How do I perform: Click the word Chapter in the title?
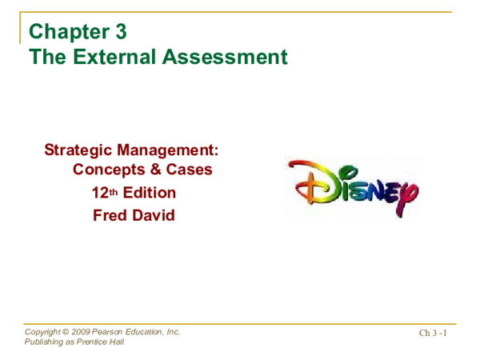click(69, 33)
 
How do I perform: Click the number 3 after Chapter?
click(118, 33)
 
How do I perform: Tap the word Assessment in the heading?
click(230, 58)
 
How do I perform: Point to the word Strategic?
click(78, 150)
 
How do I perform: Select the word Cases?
click(189, 170)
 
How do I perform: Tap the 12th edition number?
click(104, 193)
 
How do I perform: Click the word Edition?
click(149, 193)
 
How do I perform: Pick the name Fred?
click(110, 215)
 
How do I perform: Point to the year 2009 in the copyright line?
click(80, 332)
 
